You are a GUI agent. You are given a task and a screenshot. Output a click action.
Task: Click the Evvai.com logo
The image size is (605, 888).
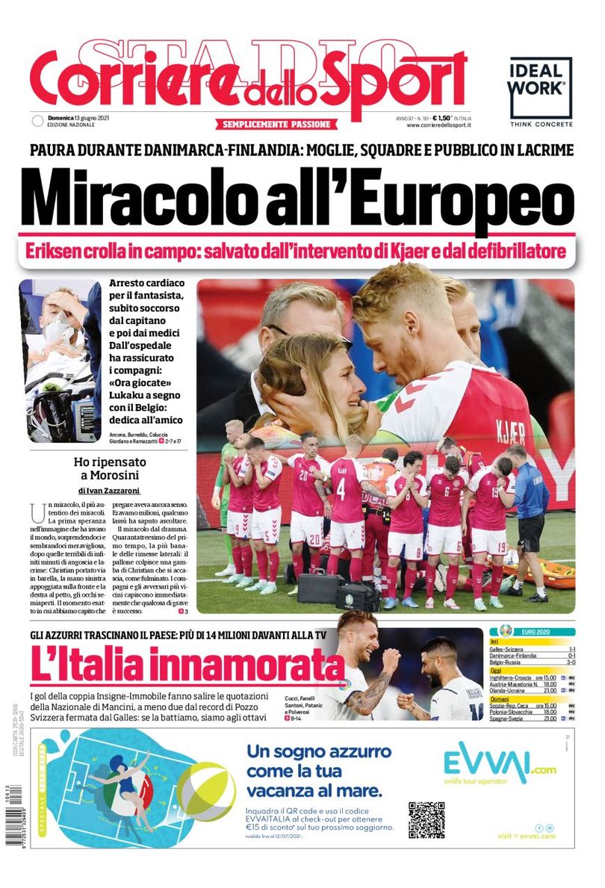tap(500, 763)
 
